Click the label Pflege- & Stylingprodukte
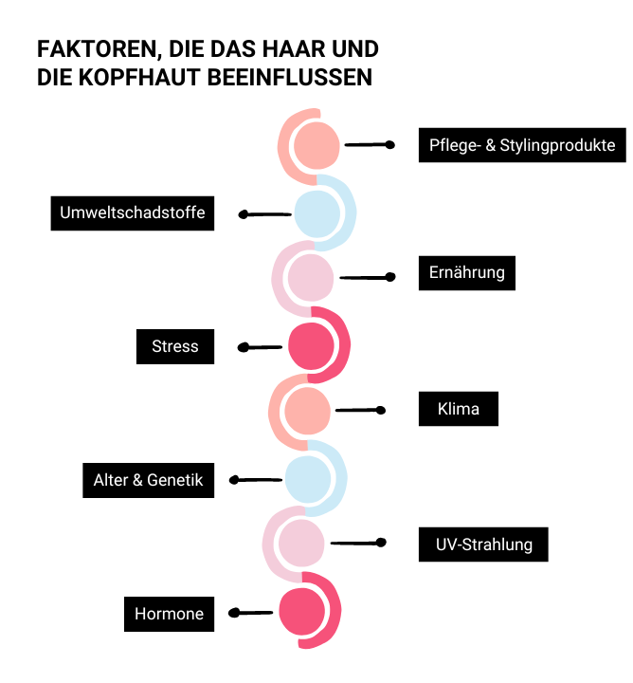pyautogui.click(x=522, y=145)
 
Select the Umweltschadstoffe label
pyautogui.click(x=133, y=213)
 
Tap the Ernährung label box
pyautogui.click(x=467, y=272)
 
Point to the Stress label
pyautogui.click(x=175, y=346)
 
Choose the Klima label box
pyautogui.click(x=458, y=409)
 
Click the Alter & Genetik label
pyautogui.click(x=149, y=480)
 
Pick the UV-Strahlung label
pyautogui.click(x=483, y=545)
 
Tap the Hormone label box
pyautogui.click(x=169, y=614)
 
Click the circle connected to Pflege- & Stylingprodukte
pyautogui.click(x=316, y=145)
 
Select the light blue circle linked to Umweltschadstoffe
pyautogui.click(x=317, y=213)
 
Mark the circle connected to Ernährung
pyautogui.click(x=311, y=277)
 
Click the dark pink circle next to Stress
pyautogui.click(x=311, y=346)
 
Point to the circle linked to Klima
pyautogui.click(x=307, y=411)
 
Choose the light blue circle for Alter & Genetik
pyautogui.click(x=308, y=479)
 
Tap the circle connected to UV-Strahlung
pyautogui.click(x=301, y=544)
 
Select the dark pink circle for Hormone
pyautogui.click(x=302, y=612)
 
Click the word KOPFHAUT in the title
pyautogui.click(x=139, y=78)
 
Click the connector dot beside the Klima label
pyautogui.click(x=381, y=410)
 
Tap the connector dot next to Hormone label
pyautogui.click(x=234, y=613)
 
